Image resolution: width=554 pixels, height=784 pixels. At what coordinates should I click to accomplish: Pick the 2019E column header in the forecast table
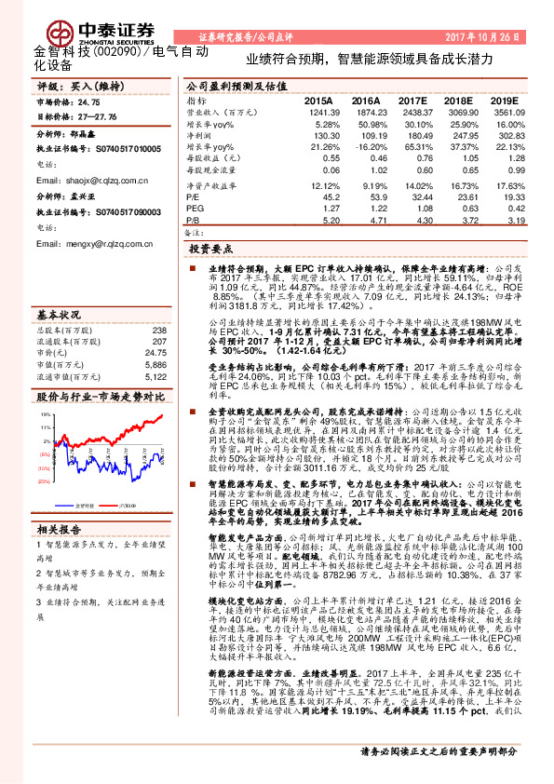point(503,100)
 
